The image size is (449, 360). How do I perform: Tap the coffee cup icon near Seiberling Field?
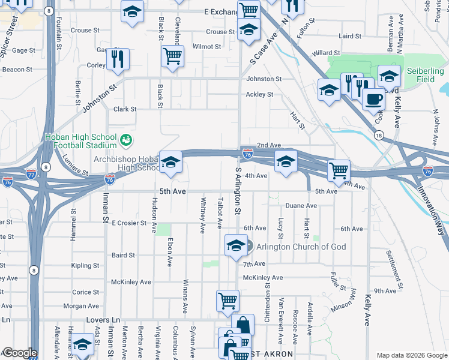point(373,99)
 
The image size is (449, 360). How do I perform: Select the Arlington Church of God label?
point(292,247)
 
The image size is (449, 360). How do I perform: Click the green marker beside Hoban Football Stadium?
point(127,140)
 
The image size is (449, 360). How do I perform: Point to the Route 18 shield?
point(378,136)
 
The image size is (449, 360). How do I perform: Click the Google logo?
point(19,353)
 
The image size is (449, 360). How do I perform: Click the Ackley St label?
point(259,94)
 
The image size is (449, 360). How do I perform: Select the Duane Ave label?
point(301,205)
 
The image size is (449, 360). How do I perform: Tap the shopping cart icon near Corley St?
point(172,57)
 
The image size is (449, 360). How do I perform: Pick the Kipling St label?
point(85,265)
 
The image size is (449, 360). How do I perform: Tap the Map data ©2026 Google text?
point(411,355)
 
